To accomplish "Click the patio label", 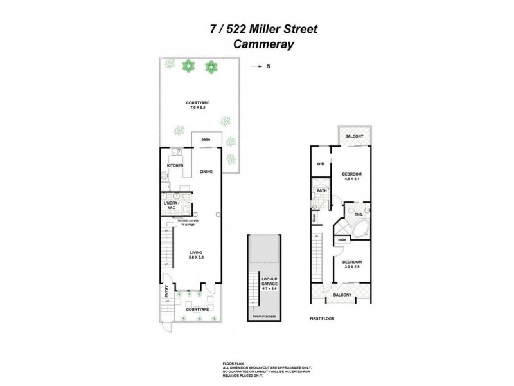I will pyautogui.click(x=206, y=139).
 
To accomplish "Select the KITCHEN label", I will pyautogui.click(x=175, y=166).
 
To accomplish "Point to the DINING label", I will pyautogui.click(x=206, y=172).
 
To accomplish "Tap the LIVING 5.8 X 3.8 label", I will pyautogui.click(x=197, y=255).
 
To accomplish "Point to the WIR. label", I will pyautogui.click(x=319, y=164).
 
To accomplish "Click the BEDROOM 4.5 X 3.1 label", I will pyautogui.click(x=351, y=177).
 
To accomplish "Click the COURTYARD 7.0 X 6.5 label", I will pyautogui.click(x=196, y=105).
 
